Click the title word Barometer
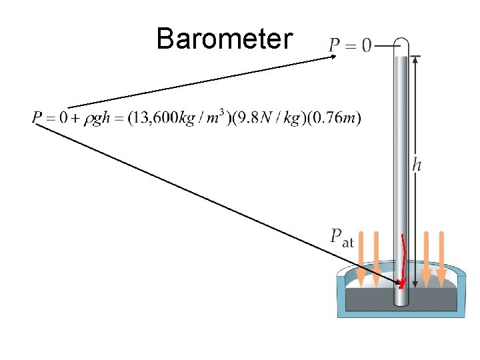click(x=224, y=39)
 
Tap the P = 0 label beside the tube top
click(x=350, y=46)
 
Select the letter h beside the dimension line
click(x=417, y=165)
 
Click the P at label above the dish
click(x=341, y=237)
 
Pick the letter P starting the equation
click(x=37, y=119)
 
